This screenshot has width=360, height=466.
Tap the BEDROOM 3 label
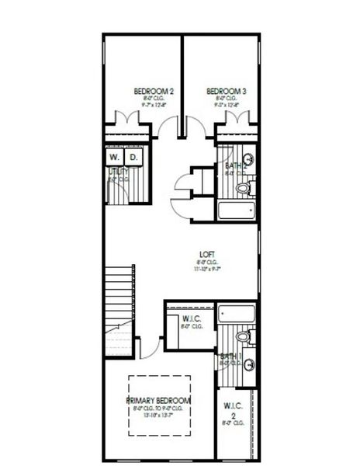coord(227,92)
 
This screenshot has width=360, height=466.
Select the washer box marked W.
coord(114,158)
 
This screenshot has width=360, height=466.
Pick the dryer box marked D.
coord(133,158)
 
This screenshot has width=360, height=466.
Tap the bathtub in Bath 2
coord(237,210)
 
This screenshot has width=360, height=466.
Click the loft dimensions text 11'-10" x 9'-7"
coord(206,270)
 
